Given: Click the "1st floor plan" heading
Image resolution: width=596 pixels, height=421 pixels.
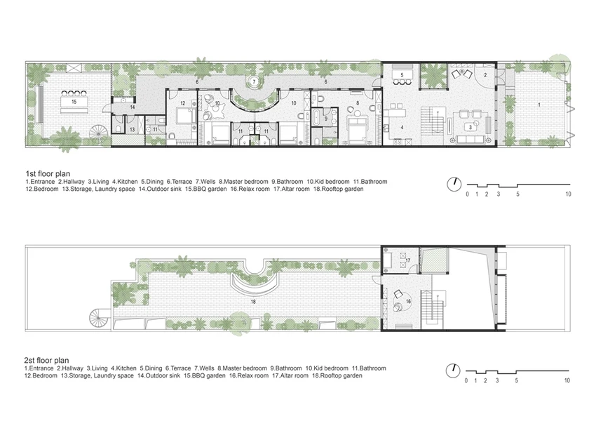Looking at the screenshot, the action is [48, 174].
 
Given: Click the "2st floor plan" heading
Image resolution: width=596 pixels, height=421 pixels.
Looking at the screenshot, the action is [47, 360].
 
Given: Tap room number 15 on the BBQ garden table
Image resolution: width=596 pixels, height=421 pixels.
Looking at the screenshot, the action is [74, 102].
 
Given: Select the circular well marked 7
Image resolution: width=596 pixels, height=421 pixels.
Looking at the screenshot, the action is [254, 81].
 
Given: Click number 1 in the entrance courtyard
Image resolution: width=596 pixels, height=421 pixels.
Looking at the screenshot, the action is [539, 105].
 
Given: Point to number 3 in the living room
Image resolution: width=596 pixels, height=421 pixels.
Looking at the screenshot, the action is [470, 127].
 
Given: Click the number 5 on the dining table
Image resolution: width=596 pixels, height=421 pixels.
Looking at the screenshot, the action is [402, 75].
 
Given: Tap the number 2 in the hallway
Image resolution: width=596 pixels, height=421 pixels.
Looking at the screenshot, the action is [485, 75].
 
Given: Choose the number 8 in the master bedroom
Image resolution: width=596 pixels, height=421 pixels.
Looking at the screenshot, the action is [358, 103].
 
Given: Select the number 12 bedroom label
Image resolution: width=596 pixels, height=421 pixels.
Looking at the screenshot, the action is [183, 103].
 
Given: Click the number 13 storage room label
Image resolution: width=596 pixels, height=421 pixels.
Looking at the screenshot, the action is [133, 130].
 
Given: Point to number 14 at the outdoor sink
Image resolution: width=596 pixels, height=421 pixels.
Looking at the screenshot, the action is [133, 107].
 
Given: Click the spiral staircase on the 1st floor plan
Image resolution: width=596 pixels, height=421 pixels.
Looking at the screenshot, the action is [98, 133].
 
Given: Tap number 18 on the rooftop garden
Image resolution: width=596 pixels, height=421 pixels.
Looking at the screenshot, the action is [253, 302].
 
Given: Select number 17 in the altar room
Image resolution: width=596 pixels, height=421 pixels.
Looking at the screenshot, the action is [408, 260].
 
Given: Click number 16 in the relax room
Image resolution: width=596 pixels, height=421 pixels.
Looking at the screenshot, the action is [409, 302].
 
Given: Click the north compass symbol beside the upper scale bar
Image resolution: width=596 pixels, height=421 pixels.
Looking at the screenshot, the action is [454, 185].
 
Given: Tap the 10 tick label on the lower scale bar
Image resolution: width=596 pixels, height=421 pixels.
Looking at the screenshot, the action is [567, 380].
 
